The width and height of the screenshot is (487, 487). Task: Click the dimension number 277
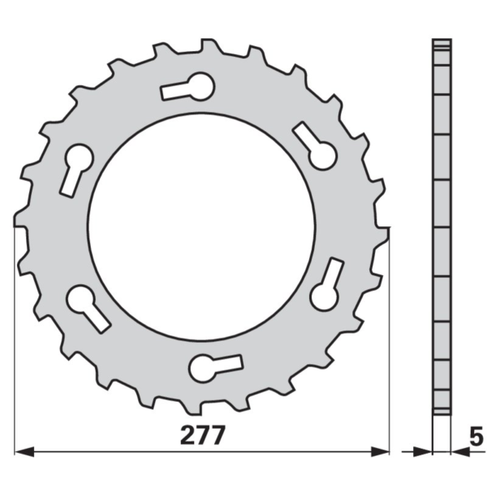(202, 435)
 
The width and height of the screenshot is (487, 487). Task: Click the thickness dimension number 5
(476, 436)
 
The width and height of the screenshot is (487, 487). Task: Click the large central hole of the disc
(201, 226)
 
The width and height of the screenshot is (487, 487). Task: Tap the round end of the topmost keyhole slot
(201, 86)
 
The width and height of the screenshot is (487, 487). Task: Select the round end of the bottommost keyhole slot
(202, 368)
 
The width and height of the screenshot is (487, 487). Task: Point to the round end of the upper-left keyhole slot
(79, 157)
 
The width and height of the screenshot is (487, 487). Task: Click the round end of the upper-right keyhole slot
(323, 156)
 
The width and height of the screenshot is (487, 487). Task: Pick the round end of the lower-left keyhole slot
(80, 299)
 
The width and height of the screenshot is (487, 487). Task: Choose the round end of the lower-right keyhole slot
(324, 297)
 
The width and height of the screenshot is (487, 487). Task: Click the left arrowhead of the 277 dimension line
(24, 452)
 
